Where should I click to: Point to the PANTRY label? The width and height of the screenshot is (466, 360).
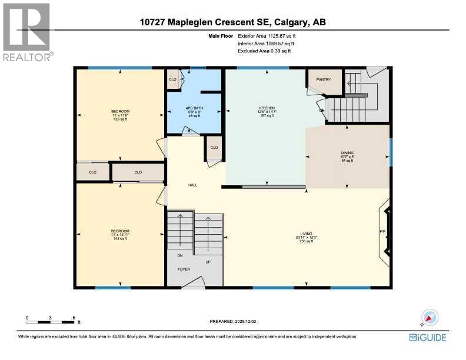coord(324,79)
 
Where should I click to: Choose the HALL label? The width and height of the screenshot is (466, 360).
coord(192,185)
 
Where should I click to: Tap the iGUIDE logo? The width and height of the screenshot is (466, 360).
coord(428,337)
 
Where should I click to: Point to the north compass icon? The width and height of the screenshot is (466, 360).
coord(430,317)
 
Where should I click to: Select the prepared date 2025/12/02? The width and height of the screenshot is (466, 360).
coord(234,321)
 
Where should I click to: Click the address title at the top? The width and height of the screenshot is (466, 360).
coord(233,23)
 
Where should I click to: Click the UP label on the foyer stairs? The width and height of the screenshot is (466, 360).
coord(208,262)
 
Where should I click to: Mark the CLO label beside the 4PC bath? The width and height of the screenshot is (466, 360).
coord(173,79)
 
